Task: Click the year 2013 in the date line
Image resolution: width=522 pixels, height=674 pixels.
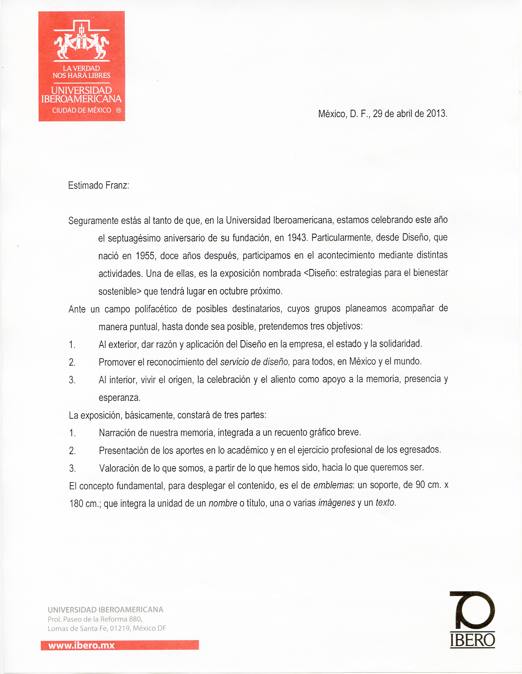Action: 436,114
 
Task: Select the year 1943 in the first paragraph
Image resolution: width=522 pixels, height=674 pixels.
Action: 297,237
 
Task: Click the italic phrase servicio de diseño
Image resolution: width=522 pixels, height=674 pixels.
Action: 255,362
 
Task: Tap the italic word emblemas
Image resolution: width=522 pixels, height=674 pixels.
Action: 333,485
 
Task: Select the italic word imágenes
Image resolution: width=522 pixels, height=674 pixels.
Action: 337,503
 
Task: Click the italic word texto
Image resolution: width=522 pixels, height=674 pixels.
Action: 385,503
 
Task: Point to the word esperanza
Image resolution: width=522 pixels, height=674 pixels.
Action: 119,398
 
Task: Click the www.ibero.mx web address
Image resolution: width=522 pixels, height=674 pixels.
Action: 81,645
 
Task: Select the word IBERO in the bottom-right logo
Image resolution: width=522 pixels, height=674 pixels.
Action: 472,640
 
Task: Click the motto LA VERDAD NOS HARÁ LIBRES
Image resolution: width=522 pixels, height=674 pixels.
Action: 82,72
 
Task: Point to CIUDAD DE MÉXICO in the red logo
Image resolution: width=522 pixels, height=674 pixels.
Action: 82,110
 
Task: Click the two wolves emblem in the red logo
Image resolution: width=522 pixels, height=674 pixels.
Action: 82,44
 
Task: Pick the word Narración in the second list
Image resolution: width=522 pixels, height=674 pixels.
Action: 117,432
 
